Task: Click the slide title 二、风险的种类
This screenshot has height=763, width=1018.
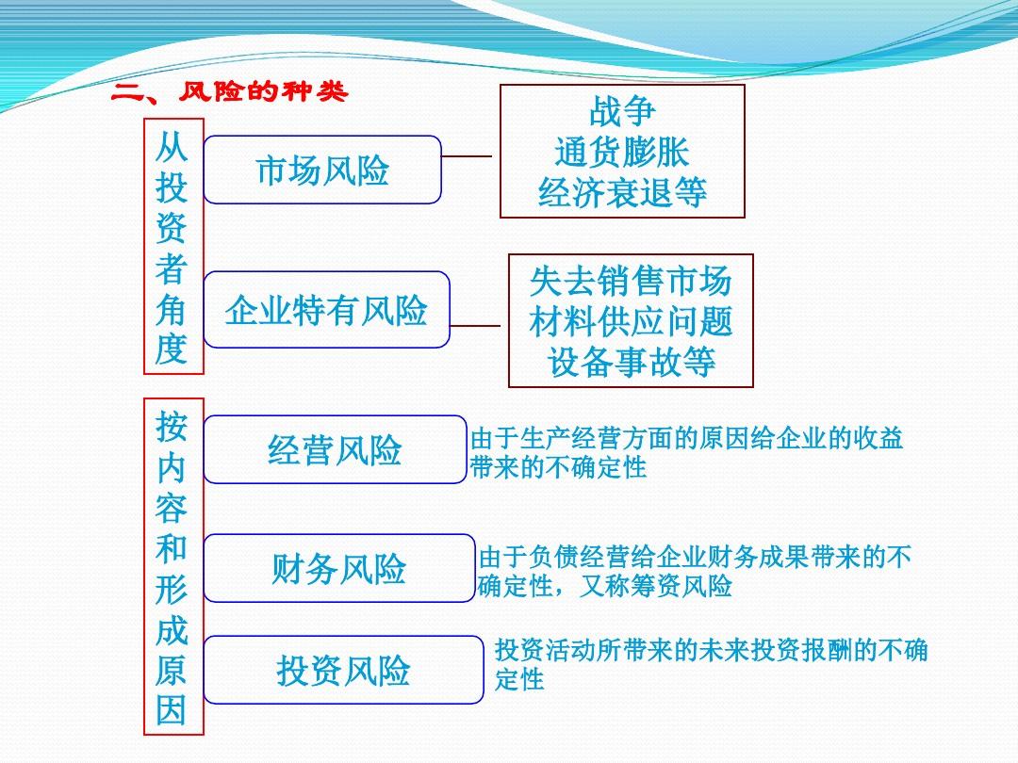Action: [x=230, y=91]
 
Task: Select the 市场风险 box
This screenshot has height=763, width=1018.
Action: [x=322, y=170]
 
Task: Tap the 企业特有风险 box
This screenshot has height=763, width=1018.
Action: [x=326, y=310]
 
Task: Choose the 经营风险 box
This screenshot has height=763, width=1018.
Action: [x=335, y=449]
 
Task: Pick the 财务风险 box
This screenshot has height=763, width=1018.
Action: [x=339, y=568]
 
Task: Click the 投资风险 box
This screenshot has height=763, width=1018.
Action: [x=343, y=671]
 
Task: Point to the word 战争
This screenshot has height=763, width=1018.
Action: [x=622, y=111]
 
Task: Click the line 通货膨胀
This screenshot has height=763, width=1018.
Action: [x=622, y=152]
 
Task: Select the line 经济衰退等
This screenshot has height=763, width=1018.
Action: [x=622, y=192]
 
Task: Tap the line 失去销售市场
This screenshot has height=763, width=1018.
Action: [x=631, y=281]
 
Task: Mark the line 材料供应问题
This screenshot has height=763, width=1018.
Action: [x=631, y=322]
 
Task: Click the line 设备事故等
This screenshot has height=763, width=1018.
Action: [x=631, y=362]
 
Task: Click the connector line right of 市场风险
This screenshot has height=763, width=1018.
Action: [x=467, y=156]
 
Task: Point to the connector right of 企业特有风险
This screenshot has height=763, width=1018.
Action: [x=475, y=326]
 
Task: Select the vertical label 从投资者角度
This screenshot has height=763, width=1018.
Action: [x=173, y=247]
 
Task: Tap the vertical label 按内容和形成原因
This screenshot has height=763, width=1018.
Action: [x=173, y=566]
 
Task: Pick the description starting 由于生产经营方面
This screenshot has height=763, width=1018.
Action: [x=686, y=453]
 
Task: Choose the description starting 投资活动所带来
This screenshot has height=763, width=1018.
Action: [x=711, y=664]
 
